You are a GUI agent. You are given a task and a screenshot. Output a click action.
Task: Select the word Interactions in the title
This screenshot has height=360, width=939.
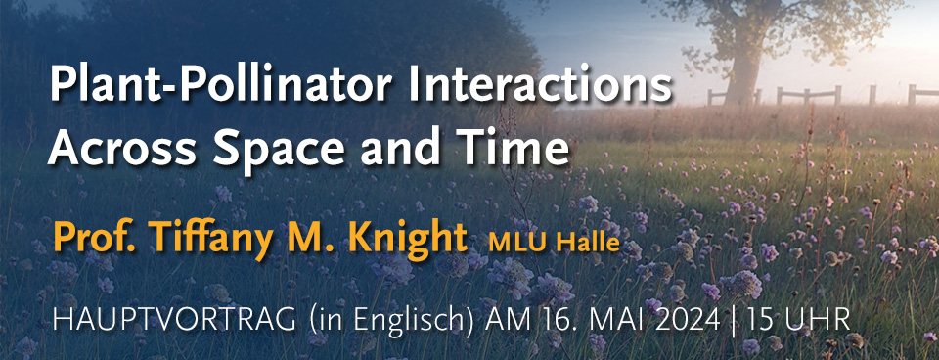[x=541, y=85]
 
